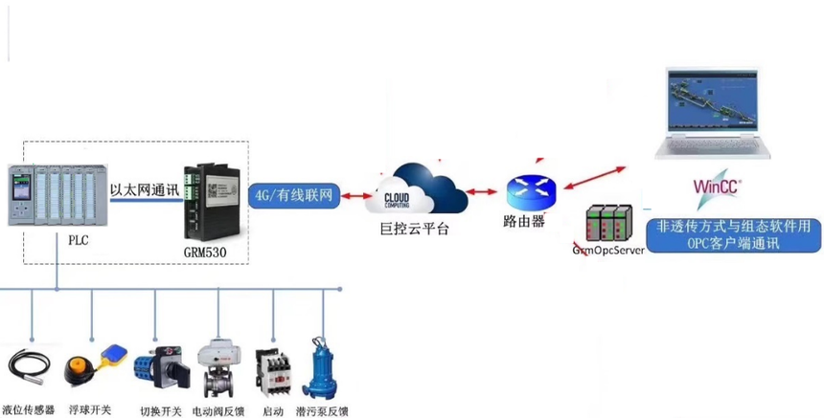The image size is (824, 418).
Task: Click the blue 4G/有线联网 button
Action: (294, 196)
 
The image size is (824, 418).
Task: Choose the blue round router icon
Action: (532, 191)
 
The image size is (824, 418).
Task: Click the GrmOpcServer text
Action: (608, 250)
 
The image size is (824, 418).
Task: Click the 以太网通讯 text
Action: (144, 189)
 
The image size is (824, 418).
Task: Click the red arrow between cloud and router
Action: (490, 193)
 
